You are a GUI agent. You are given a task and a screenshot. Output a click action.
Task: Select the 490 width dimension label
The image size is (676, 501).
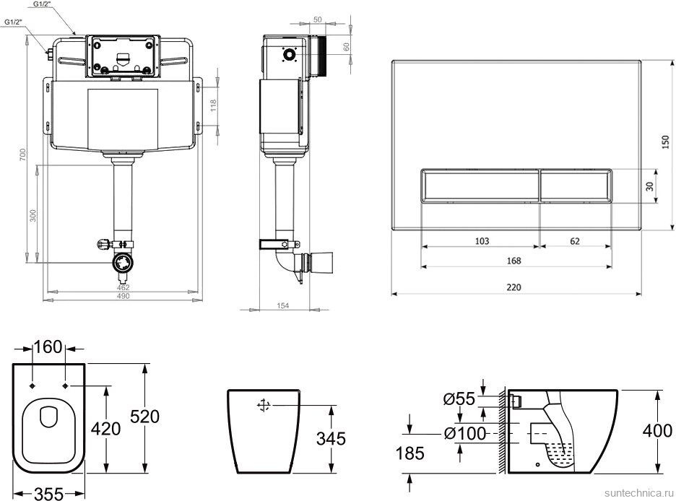tap(123, 296)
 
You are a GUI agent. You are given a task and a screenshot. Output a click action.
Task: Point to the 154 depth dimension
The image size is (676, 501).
tap(283, 306)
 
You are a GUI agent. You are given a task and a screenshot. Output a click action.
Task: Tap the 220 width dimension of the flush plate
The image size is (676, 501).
tap(513, 287)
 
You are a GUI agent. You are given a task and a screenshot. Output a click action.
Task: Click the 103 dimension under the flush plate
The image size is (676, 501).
tap(482, 241)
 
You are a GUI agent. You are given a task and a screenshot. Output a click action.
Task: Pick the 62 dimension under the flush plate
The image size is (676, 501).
tap(574, 241)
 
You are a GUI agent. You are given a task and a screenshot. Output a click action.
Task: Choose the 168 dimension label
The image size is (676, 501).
tap(513, 261)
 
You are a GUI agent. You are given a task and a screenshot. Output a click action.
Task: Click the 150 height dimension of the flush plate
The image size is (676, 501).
tap(666, 143)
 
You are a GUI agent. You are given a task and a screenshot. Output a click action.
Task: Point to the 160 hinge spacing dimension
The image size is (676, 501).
tap(49, 348)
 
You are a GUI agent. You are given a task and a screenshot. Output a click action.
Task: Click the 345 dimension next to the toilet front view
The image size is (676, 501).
tap(331, 438)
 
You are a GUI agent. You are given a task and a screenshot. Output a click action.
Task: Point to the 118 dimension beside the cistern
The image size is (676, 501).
tap(213, 105)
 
